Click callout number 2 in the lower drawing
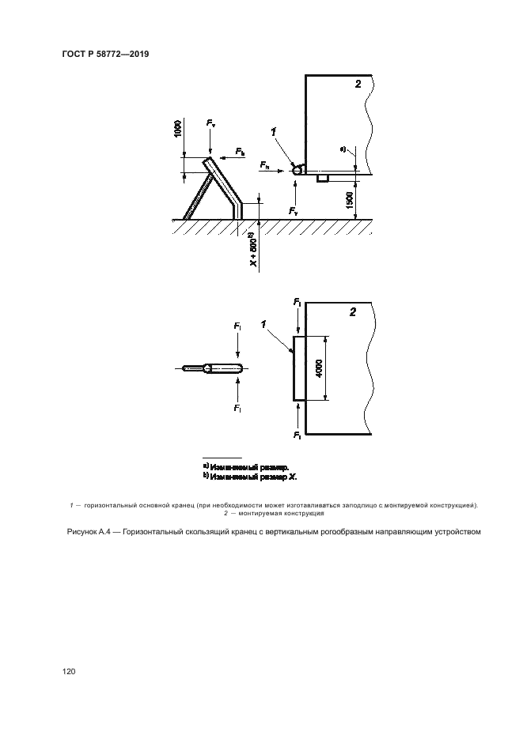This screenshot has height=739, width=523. point(353,312)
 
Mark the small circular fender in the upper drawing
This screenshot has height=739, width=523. point(298,168)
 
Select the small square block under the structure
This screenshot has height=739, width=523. point(322,178)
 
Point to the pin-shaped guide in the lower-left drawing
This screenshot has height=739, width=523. point(212,368)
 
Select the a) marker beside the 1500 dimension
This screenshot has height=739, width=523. point(343,148)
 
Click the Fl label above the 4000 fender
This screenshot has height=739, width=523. point(296,302)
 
